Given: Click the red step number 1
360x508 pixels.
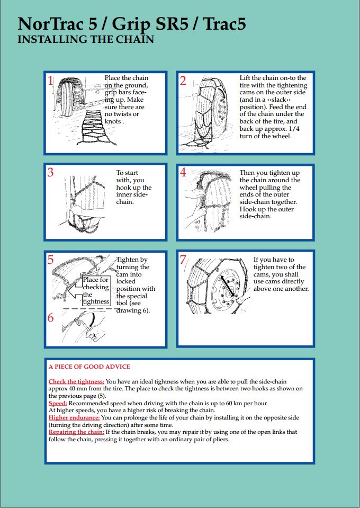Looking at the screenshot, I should click(51, 81).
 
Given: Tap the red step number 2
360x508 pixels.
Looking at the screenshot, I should click(183, 81).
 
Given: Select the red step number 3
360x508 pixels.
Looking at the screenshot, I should click(51, 173).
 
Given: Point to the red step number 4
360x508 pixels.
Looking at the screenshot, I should click(183, 173).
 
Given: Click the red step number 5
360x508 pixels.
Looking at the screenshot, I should click(51, 260).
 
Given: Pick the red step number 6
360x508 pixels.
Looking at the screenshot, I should click(51, 318).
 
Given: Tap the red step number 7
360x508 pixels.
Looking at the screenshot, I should click(183, 260).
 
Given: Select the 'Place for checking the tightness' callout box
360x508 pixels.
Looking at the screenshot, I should click(96, 291).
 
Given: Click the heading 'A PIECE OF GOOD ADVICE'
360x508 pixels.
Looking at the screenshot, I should click(89, 367).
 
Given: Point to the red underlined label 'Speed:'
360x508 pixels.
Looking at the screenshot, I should click(58, 403).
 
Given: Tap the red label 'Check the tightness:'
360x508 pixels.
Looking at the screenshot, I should click(77, 381).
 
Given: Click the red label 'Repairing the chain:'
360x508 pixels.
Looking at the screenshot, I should click(76, 432).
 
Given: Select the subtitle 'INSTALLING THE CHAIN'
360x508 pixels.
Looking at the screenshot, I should click(86, 40).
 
